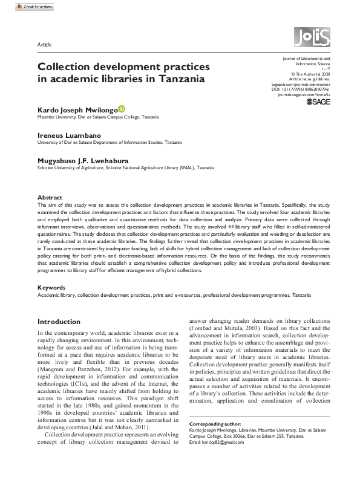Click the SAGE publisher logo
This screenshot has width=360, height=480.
tap(318, 103)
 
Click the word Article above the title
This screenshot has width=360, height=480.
tap(44, 45)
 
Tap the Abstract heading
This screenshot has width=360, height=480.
tap(50, 198)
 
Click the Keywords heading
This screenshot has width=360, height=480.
tap(52, 287)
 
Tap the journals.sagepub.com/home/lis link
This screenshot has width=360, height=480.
tap(304, 95)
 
